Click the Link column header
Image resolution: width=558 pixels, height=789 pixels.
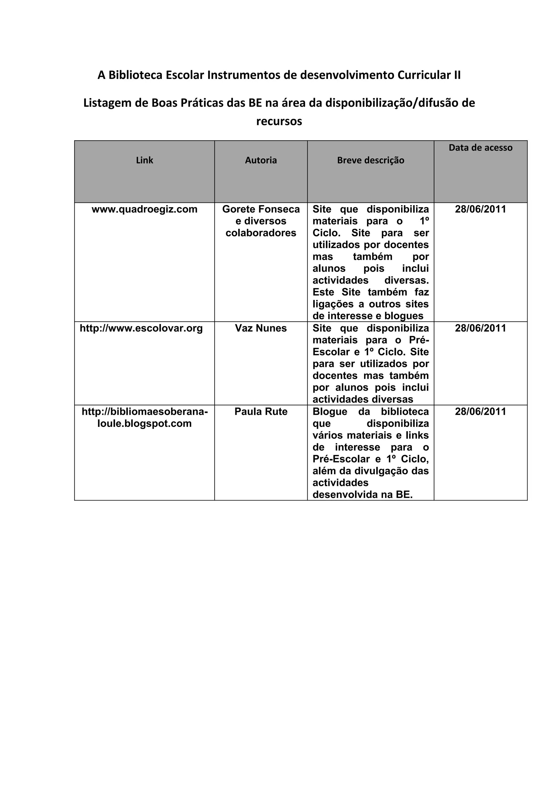tap(144, 160)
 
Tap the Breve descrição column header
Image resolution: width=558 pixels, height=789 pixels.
tap(370, 160)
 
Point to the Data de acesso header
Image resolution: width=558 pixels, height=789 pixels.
tap(480, 148)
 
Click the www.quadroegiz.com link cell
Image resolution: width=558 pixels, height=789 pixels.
tap(144, 209)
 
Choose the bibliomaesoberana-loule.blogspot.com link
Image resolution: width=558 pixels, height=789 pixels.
tap(144, 418)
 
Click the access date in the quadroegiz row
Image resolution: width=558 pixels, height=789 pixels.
tap(480, 209)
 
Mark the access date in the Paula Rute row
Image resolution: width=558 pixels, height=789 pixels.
tap(480, 412)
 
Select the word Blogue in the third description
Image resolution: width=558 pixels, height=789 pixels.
tap(330, 412)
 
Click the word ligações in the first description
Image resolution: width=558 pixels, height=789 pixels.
tap(328, 304)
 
